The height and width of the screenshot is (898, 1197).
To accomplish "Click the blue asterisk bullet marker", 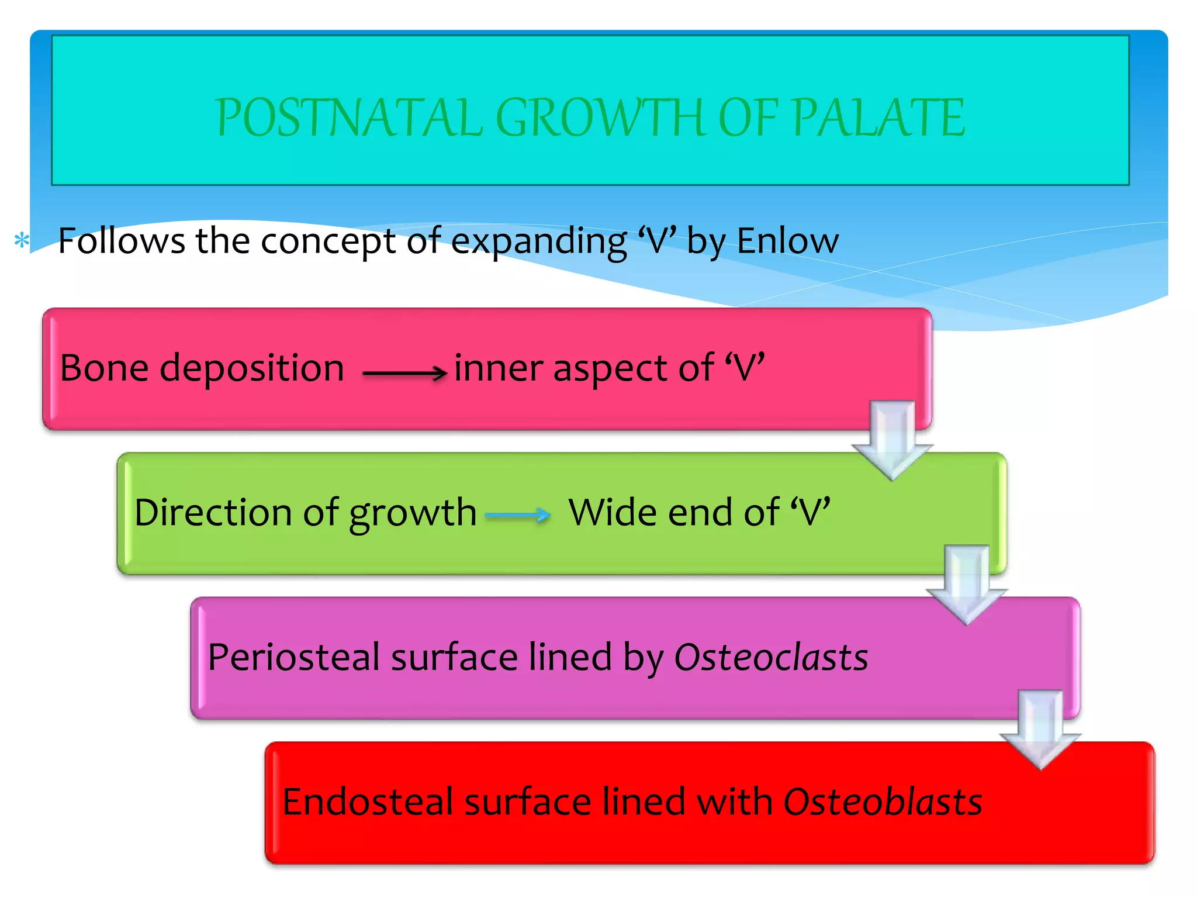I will (x=22, y=240).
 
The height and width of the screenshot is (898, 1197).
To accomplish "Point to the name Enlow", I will (x=787, y=240).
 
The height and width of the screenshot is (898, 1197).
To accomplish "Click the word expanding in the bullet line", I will (x=538, y=241).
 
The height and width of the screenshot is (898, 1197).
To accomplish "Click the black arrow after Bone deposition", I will (x=404, y=372).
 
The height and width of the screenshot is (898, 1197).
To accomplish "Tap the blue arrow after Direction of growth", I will (x=518, y=515).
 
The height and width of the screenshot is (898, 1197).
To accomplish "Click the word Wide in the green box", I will (x=613, y=513).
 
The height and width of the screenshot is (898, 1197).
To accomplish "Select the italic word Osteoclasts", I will (x=770, y=657).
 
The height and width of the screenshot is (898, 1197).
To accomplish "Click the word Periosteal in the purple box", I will (x=294, y=657).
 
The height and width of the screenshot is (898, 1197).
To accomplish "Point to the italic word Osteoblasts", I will (x=883, y=802).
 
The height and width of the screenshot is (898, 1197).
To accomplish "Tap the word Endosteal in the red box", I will (x=368, y=802).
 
